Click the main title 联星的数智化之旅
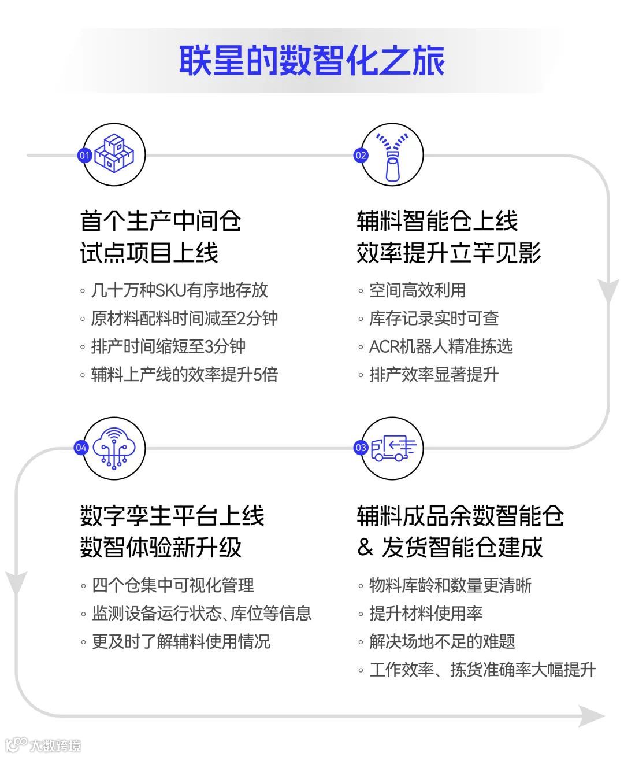(x=311, y=60)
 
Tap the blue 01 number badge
(x=84, y=155)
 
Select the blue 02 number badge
(x=361, y=155)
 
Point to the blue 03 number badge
(x=361, y=448)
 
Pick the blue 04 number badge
(x=81, y=448)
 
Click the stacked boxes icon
(x=114, y=154)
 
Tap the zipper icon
(x=393, y=156)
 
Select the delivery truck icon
(x=393, y=448)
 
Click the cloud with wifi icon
(x=114, y=448)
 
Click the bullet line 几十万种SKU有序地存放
(x=179, y=290)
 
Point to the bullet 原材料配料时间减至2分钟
(x=184, y=318)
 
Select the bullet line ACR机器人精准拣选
(x=440, y=346)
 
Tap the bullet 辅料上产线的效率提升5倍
(x=184, y=374)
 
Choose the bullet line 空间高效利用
(x=417, y=290)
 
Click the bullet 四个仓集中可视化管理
(x=173, y=585)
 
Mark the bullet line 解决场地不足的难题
(x=441, y=641)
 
